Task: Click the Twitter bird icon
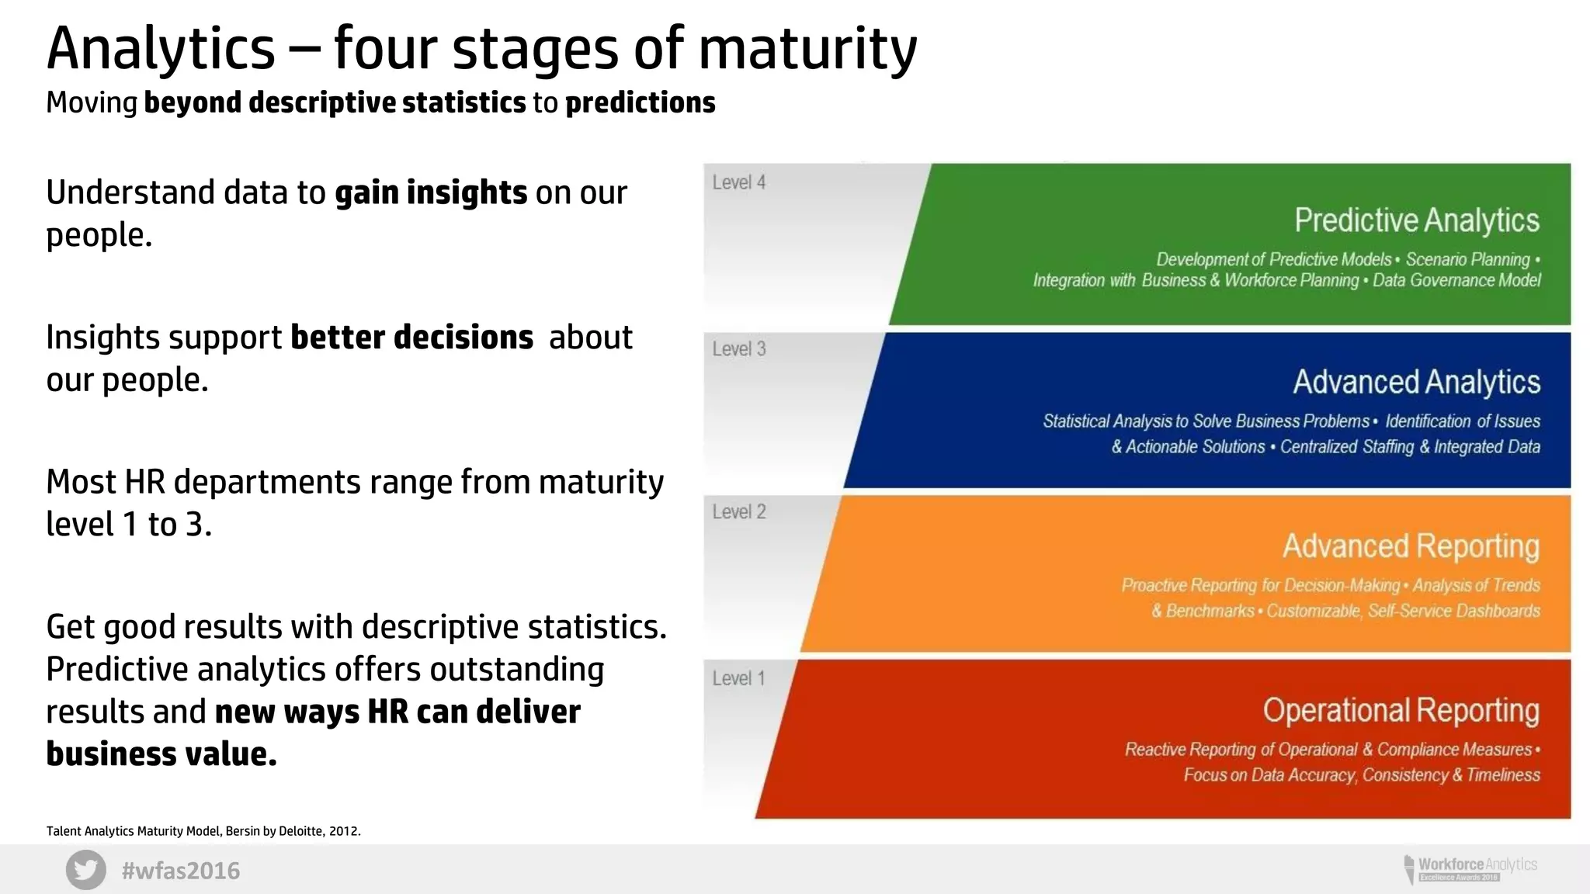coord(86,870)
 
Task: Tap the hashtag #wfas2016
coord(181,871)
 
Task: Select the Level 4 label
coord(739,182)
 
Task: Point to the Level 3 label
coord(739,349)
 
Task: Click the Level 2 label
coord(739,512)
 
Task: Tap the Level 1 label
coord(739,678)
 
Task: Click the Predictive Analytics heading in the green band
coord(1416,220)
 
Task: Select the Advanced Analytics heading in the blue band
coord(1416,382)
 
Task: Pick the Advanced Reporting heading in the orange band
coord(1411,546)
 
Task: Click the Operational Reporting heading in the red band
coord(1401,711)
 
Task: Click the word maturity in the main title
coord(807,50)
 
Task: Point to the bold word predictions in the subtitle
coord(640,102)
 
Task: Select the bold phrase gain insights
coord(431,192)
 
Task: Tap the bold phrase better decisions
coord(411,338)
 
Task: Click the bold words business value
coord(161,754)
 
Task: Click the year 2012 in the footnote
coord(343,831)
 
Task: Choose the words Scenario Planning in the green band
coord(1467,259)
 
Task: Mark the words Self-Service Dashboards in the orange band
coord(1453,611)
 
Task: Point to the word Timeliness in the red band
coord(1503,774)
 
